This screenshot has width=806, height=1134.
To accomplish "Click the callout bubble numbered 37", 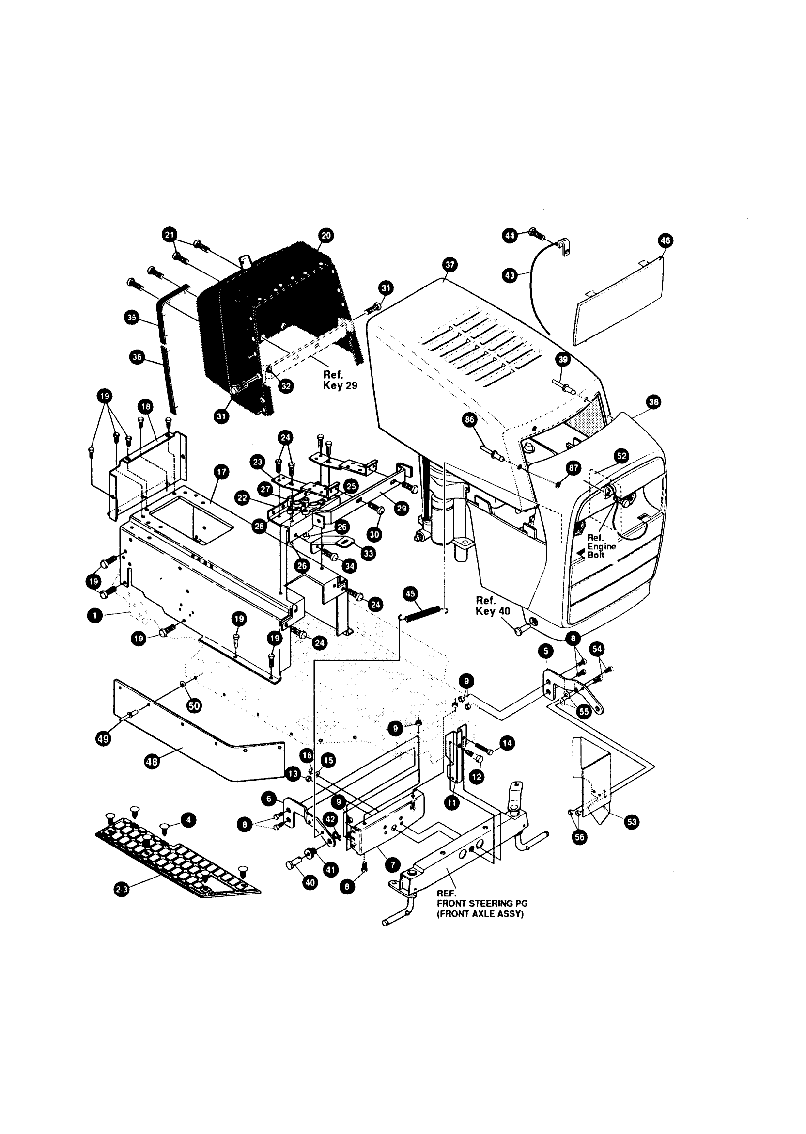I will coord(449,265).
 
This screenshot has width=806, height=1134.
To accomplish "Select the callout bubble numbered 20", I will coord(326,236).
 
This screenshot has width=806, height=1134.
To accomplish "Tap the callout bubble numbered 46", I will coord(665,241).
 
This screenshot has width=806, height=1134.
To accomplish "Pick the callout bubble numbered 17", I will coord(221,472).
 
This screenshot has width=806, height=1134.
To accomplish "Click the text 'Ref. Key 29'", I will coord(340,380).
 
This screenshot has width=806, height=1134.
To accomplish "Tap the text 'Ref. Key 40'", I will coord(492,606).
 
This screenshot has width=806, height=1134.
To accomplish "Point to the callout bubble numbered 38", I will coord(653,402).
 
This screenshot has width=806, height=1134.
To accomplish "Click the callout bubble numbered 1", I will coord(94,616).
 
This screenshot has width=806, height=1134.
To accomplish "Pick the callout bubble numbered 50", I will coord(194,705).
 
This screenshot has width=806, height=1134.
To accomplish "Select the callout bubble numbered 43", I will coord(510,275).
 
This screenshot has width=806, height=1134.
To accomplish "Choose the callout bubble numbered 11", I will coord(451,802).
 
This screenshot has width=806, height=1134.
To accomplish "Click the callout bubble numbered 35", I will coord(132,318).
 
